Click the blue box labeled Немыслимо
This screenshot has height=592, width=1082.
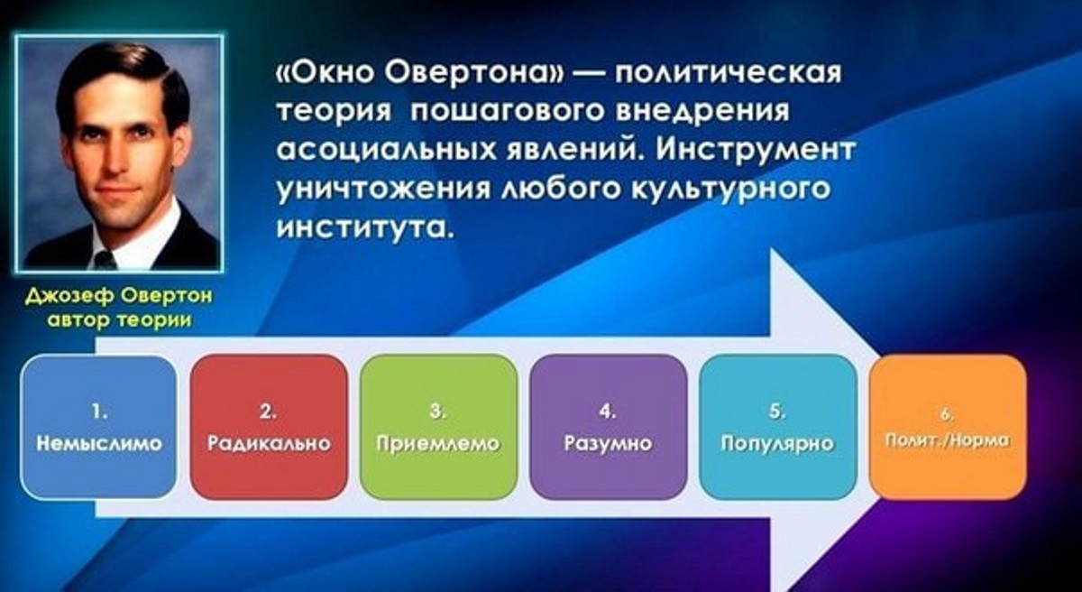pyautogui.click(x=98, y=428)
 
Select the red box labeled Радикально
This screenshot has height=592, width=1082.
pyautogui.click(x=269, y=428)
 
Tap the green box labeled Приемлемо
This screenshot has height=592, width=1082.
pyautogui.click(x=438, y=428)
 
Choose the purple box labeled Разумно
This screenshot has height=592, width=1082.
pyautogui.click(x=608, y=428)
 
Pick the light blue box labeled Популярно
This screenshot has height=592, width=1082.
pyautogui.click(x=777, y=428)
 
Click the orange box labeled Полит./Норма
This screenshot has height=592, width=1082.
pyautogui.click(x=948, y=428)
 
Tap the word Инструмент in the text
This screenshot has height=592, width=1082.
pyautogui.click(x=756, y=150)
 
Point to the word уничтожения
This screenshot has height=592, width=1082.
pyautogui.click(x=383, y=189)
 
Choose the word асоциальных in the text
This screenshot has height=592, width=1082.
pyautogui.click(x=387, y=150)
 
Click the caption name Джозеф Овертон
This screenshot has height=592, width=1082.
pyautogui.click(x=119, y=296)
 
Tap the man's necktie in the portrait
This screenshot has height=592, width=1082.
pyautogui.click(x=105, y=260)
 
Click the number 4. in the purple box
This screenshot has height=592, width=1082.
pyautogui.click(x=608, y=412)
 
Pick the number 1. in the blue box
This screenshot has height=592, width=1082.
pyautogui.click(x=99, y=412)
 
